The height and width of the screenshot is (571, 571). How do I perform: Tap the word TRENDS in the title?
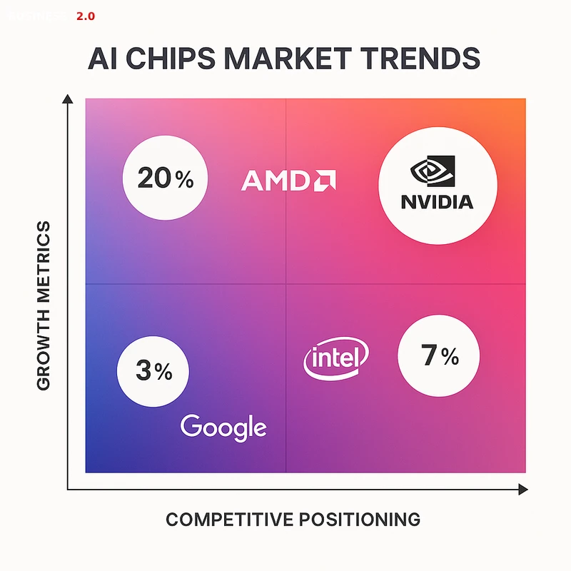click(x=424, y=59)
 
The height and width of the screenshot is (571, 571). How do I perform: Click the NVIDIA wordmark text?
click(x=437, y=201)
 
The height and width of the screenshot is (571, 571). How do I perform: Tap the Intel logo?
click(x=336, y=357)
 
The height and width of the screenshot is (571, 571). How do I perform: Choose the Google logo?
click(x=223, y=427)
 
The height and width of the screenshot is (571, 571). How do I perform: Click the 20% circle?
click(x=165, y=178)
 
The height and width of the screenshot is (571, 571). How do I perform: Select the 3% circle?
click(x=153, y=370)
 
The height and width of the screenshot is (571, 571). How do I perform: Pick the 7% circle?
click(x=439, y=355)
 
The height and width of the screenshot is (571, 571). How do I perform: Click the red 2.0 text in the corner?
click(x=85, y=15)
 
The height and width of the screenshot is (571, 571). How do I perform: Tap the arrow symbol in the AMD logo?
click(x=325, y=181)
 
